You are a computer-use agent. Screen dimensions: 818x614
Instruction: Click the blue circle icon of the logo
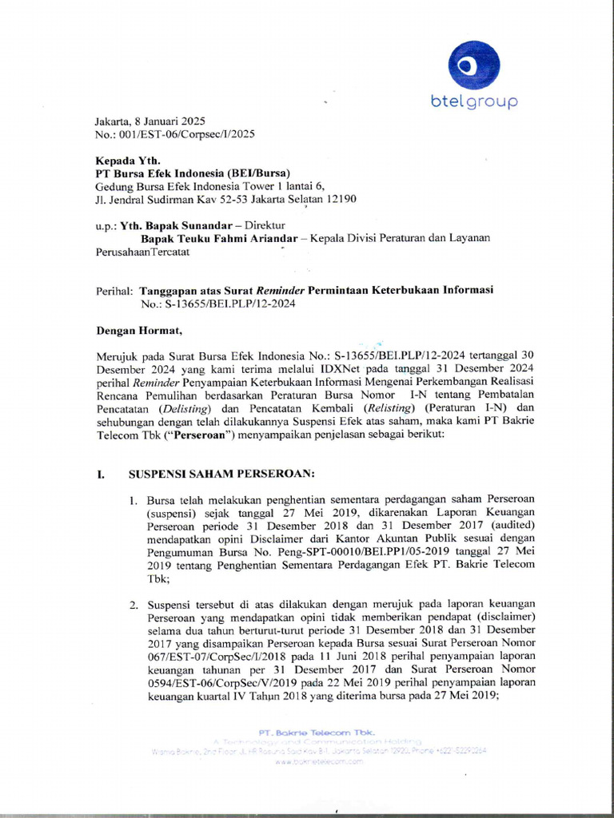tap(474, 65)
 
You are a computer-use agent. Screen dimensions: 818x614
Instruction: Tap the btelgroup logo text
tap(475, 101)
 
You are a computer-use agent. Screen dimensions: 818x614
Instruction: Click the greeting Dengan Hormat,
tap(139, 329)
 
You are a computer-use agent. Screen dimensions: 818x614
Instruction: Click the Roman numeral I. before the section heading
tap(101, 472)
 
